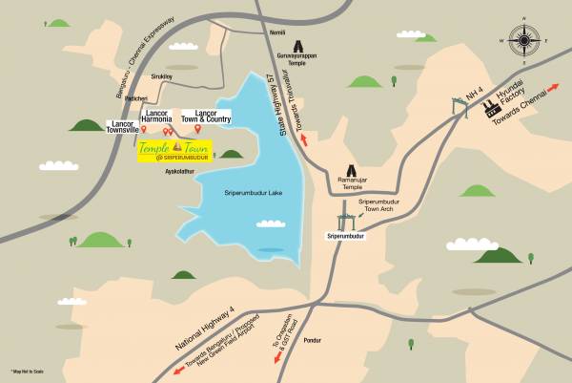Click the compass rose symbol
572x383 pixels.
pos(524,41)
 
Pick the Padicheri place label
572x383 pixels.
pos(138,98)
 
